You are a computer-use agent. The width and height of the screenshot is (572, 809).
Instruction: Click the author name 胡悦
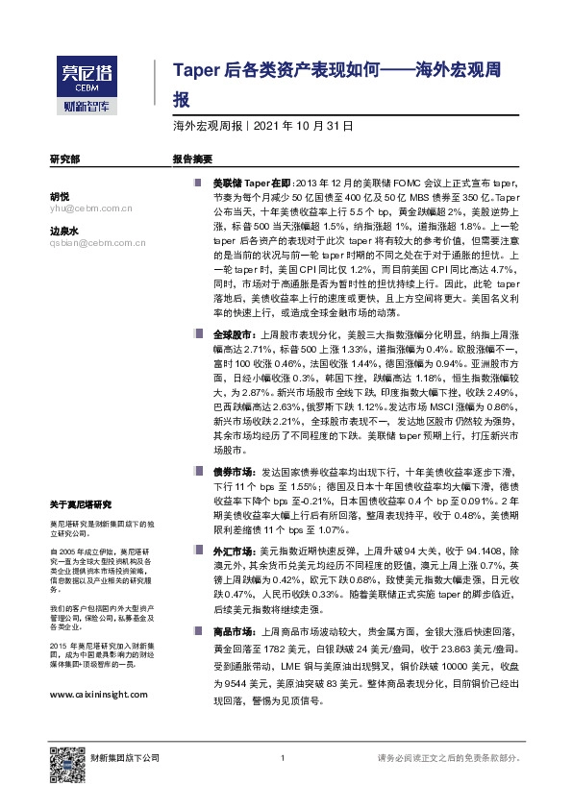(x=60, y=195)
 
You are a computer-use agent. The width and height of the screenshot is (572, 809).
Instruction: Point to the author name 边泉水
(x=63, y=231)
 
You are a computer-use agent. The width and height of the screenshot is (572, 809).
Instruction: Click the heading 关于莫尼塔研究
(x=82, y=504)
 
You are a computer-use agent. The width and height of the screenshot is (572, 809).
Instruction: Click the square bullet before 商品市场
(x=198, y=631)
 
